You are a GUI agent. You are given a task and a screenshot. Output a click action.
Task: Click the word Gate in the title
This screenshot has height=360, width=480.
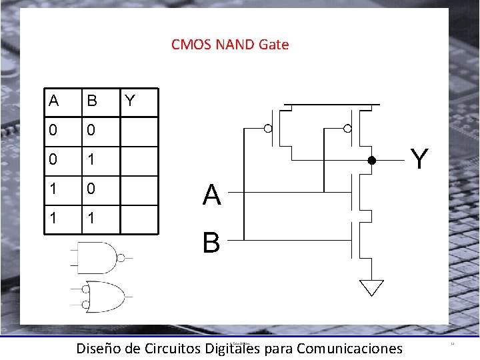click(273, 45)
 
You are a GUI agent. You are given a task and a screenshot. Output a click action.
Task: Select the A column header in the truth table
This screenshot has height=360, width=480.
click(54, 101)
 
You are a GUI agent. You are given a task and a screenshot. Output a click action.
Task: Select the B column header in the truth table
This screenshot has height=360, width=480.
click(92, 101)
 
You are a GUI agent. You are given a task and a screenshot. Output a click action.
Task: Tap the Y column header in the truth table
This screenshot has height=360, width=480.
click(130, 101)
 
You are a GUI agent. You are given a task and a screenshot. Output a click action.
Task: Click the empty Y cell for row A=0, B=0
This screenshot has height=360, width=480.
click(139, 132)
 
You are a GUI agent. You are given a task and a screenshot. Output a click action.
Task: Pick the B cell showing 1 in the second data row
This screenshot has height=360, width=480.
click(92, 161)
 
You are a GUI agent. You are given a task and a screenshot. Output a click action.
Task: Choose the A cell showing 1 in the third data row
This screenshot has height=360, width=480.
click(53, 190)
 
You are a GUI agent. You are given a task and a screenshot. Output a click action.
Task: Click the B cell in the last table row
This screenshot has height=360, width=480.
click(92, 219)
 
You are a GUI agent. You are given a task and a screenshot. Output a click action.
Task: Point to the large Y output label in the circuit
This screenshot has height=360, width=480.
click(419, 159)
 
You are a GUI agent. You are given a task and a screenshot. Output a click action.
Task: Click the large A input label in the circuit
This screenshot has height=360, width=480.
click(212, 195)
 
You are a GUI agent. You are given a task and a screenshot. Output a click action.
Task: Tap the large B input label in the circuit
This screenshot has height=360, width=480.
click(211, 241)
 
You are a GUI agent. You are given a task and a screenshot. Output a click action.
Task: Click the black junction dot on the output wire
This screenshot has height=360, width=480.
click(372, 161)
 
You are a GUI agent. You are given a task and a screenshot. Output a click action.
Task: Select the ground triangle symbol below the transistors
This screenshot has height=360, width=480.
click(371, 287)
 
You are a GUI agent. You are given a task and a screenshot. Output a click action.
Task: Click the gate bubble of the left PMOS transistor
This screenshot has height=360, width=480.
click(268, 128)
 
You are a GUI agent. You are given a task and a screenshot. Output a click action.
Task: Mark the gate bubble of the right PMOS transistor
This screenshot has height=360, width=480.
click(347, 128)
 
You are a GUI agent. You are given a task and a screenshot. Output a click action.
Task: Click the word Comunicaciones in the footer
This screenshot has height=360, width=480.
click(349, 348)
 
